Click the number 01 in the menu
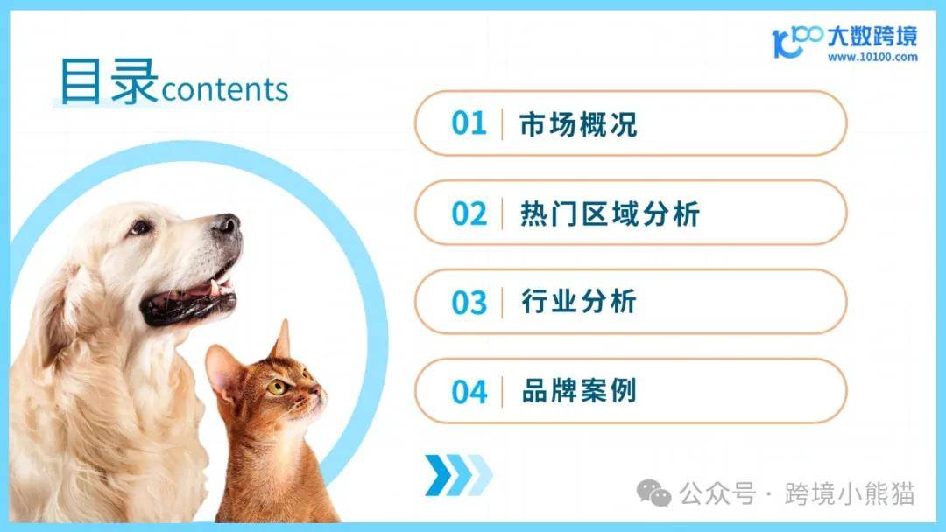tap(469, 122)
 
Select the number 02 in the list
tap(469, 213)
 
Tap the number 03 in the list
tap(469, 303)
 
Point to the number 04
tap(469, 392)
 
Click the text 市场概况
tap(578, 123)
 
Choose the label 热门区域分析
tap(610, 213)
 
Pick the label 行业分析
tap(579, 302)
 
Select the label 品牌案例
tap(579, 391)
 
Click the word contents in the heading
tap(224, 90)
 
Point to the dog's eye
tap(140, 227)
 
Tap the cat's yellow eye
tap(276, 388)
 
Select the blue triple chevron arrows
tap(458, 475)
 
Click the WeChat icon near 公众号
tap(654, 493)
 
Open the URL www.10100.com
tap(872, 57)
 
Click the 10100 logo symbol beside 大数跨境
tap(796, 41)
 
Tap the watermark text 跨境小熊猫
tap(850, 493)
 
